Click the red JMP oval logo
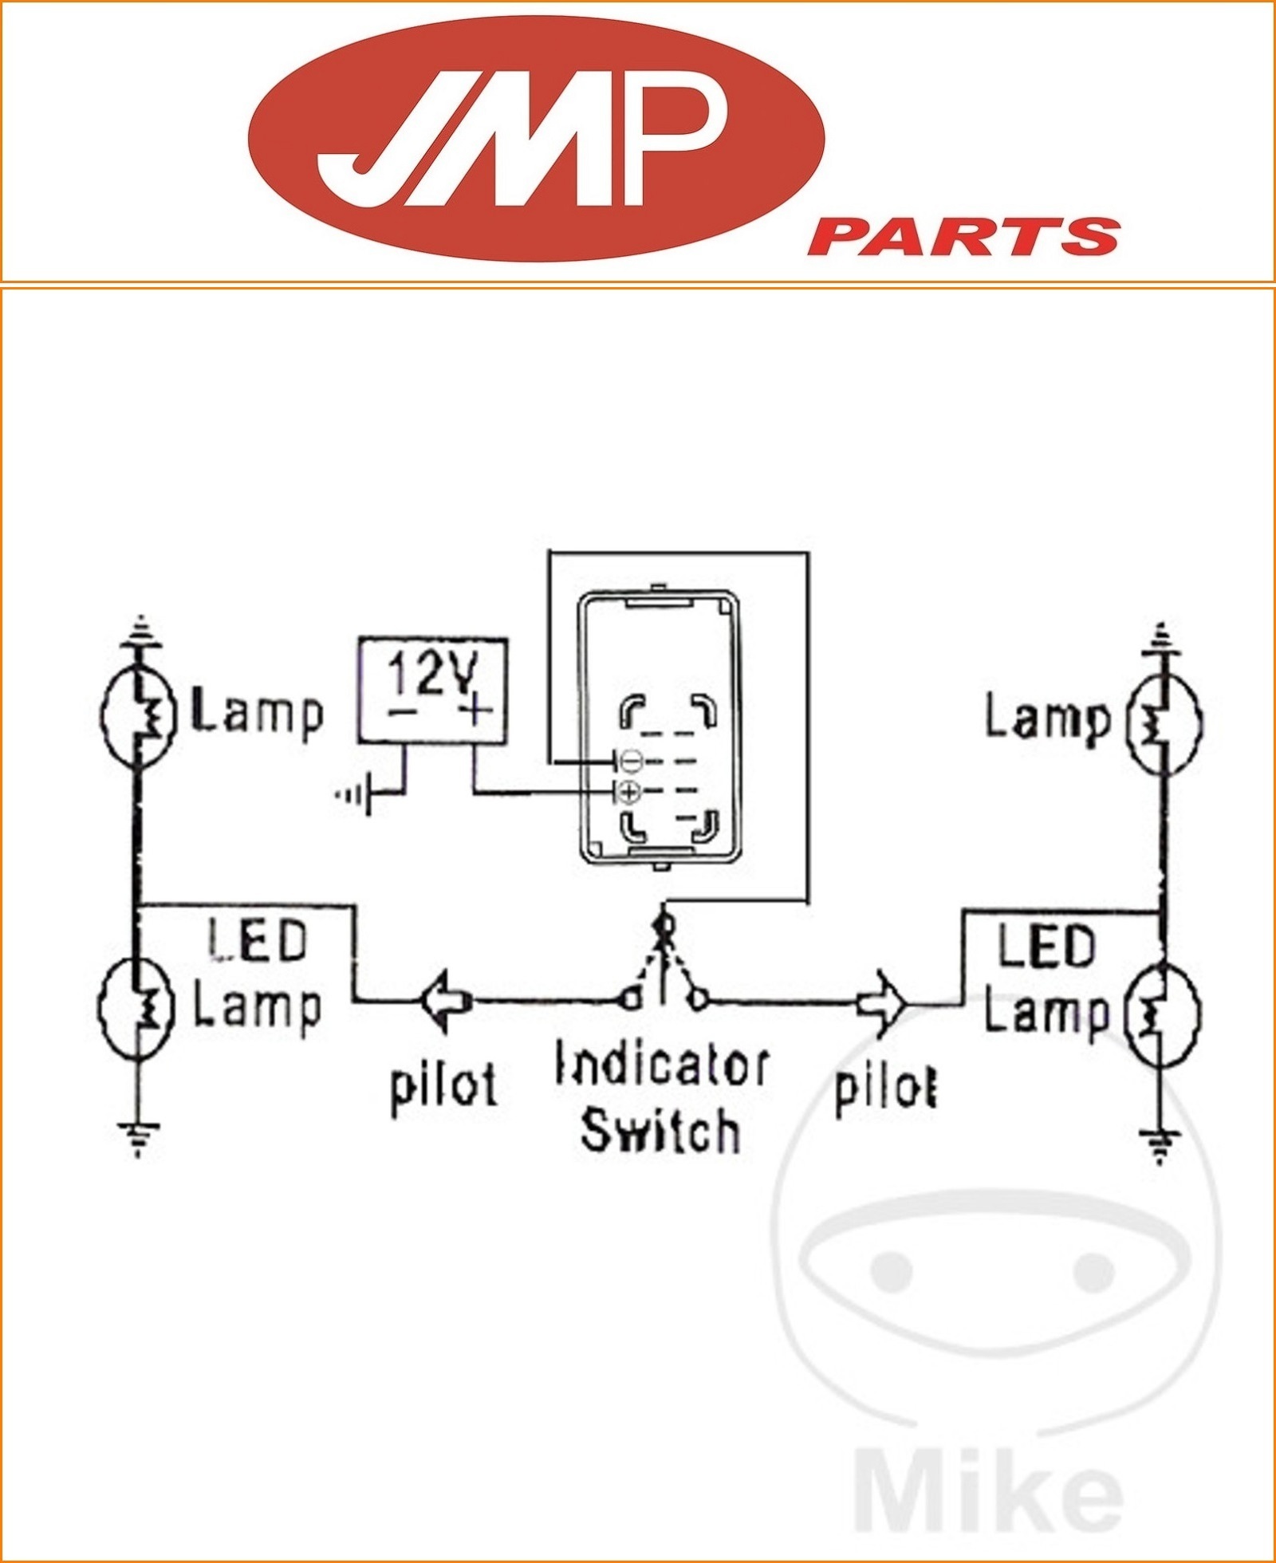[x=536, y=137]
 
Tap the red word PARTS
[x=965, y=237]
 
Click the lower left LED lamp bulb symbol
[x=136, y=1010]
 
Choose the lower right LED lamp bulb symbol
[x=1161, y=1016]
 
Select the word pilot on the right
[x=885, y=1088]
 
